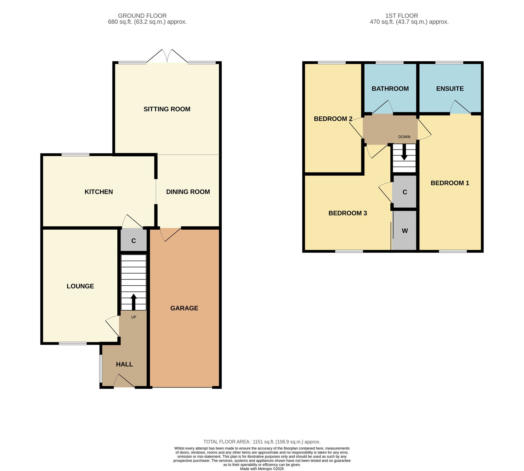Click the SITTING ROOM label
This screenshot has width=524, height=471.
click(x=167, y=109)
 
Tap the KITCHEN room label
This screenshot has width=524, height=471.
click(x=99, y=192)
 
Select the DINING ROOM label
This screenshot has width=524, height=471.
click(x=188, y=192)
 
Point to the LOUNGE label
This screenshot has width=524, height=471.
click(x=80, y=286)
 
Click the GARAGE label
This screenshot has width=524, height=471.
click(x=184, y=308)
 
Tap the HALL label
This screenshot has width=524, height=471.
click(x=124, y=364)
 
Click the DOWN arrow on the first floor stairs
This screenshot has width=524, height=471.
click(x=404, y=152)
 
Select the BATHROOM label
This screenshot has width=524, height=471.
click(x=390, y=89)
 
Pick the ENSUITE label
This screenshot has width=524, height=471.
click(x=450, y=89)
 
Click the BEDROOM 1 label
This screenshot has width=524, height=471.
click(x=450, y=183)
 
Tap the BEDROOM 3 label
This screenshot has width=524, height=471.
click(x=348, y=213)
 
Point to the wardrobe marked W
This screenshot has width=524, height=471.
click(x=405, y=231)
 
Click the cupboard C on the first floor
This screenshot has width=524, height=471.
click(x=405, y=192)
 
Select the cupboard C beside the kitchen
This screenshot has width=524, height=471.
click(x=134, y=241)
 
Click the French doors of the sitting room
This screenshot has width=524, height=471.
click(x=167, y=56)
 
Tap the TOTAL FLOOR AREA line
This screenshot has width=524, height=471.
click(x=262, y=442)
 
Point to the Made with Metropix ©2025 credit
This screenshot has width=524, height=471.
click(x=262, y=469)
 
